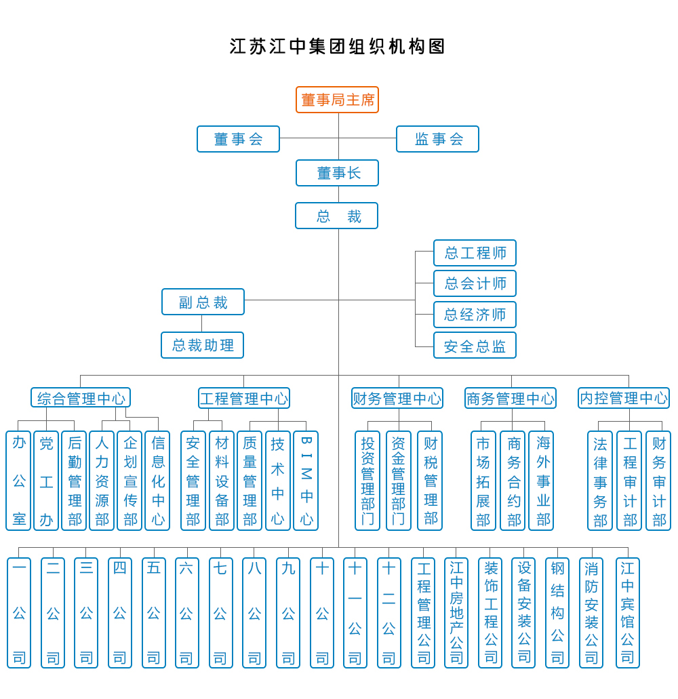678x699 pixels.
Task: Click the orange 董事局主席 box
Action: point(337,100)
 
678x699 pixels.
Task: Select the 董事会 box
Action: point(238,139)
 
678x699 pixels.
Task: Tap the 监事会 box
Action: point(437,139)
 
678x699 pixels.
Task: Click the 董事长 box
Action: point(337,173)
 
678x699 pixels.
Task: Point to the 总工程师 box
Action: point(475,253)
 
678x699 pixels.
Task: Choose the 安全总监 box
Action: point(475,345)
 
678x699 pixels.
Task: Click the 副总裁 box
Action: point(203,302)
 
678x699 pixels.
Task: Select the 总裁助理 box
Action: point(202,345)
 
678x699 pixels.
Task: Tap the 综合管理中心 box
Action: point(81,398)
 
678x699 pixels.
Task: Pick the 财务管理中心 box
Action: point(397,398)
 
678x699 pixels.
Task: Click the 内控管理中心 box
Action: point(624,398)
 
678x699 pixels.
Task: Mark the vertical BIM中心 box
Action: point(306,481)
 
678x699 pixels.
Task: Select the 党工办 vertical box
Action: point(46,481)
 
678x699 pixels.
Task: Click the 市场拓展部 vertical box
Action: point(483,481)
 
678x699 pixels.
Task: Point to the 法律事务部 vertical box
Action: point(600,481)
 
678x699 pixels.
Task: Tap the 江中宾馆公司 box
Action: point(628,612)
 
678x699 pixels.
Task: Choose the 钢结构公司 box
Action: point(557,612)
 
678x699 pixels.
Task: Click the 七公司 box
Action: point(221,612)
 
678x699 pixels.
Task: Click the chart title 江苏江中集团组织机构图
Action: point(338,46)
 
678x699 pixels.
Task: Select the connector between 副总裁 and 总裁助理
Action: point(201,323)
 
